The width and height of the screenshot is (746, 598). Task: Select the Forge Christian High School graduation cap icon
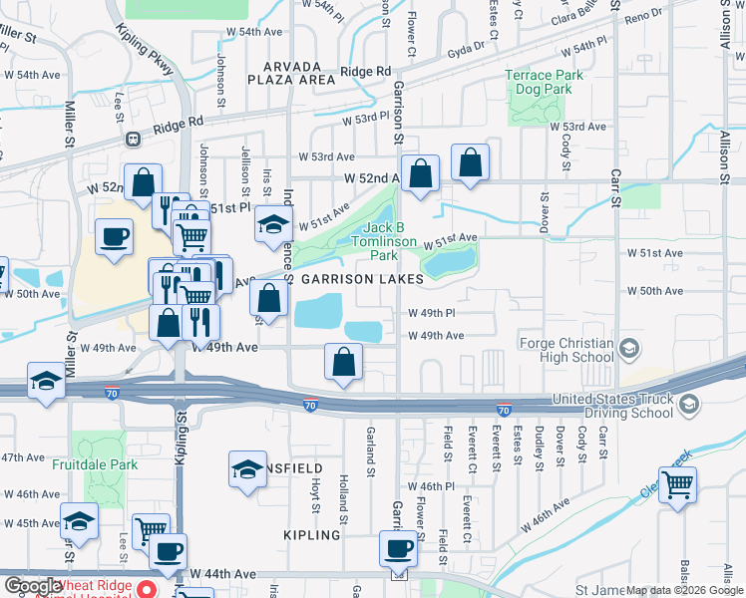(x=628, y=348)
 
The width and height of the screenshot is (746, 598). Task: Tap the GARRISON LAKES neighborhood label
(x=355, y=280)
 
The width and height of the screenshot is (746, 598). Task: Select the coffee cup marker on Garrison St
(x=399, y=547)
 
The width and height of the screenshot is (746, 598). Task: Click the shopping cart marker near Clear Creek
(x=678, y=484)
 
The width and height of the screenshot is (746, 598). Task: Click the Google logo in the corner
(x=33, y=586)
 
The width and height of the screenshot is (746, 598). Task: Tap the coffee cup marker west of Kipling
(x=113, y=237)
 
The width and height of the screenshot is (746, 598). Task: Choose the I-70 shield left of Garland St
(x=311, y=405)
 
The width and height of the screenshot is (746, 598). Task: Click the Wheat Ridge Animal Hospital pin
(x=147, y=587)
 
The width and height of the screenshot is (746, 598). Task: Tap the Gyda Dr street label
(x=466, y=47)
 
